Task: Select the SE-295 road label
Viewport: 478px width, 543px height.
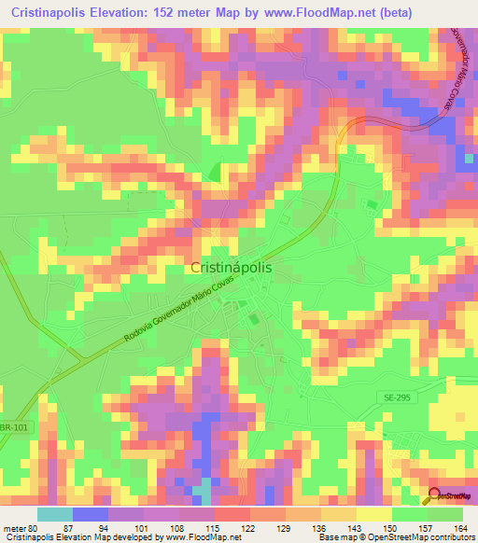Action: pyautogui.click(x=396, y=397)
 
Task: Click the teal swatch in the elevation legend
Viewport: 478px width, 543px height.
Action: pyautogui.click(x=55, y=514)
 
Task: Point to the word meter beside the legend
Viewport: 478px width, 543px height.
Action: pyautogui.click(x=15, y=527)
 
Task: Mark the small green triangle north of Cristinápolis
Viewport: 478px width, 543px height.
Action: pyautogui.click(x=214, y=172)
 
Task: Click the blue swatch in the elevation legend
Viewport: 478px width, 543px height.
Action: pyautogui.click(x=90, y=514)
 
